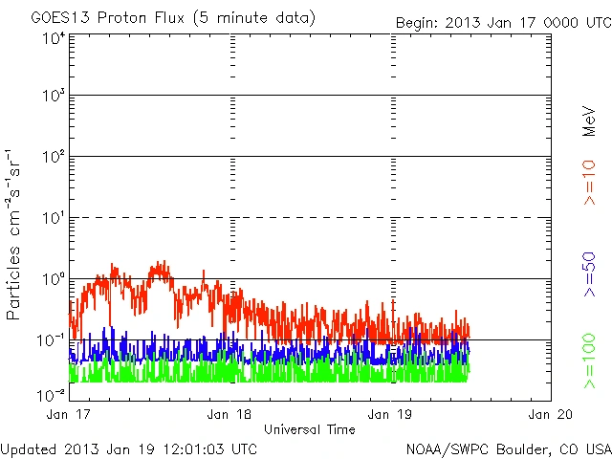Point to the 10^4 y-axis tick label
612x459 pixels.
54,39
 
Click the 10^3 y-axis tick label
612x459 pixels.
54,97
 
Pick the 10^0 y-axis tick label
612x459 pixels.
54,279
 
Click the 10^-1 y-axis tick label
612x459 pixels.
53,340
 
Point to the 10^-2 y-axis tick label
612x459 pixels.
53,395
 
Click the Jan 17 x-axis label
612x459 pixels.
70,414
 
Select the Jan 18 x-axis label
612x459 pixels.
231,414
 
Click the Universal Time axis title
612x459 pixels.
309,429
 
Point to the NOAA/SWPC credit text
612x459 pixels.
508,448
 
